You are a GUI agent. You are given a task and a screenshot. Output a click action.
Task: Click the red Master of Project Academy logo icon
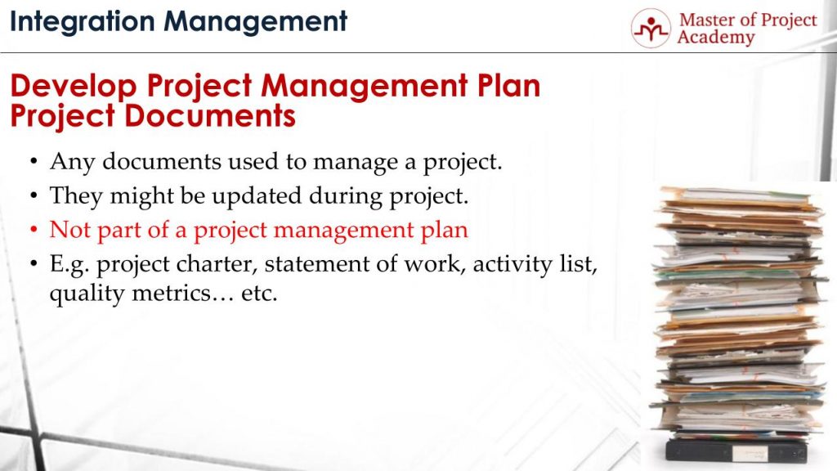(x=651, y=29)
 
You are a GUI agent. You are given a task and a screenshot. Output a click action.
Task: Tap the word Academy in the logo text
(x=715, y=38)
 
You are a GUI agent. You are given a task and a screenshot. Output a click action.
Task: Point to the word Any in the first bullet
(x=67, y=162)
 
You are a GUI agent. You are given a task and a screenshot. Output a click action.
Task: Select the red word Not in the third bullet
(x=69, y=230)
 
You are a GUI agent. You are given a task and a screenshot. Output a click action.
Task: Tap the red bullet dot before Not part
(x=34, y=231)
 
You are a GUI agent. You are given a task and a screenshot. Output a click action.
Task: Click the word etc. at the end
(x=259, y=294)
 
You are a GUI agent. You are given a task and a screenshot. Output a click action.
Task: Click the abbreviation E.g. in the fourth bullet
(x=69, y=265)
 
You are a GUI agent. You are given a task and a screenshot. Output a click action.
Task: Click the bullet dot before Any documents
(x=34, y=163)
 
